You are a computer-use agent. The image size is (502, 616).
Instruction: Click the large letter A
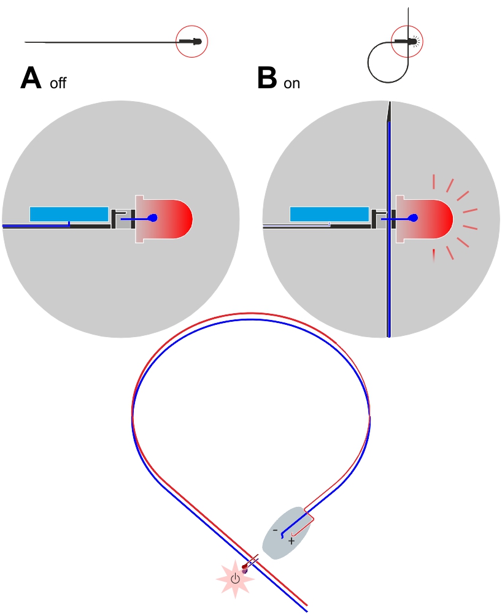[32, 78]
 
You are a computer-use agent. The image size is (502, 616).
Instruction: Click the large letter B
[268, 78]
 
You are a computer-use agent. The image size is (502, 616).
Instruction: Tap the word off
[58, 83]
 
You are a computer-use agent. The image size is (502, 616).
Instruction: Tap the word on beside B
[292, 83]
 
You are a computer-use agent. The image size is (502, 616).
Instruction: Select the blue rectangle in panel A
[69, 214]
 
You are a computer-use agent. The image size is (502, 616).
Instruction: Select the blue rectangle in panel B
[329, 214]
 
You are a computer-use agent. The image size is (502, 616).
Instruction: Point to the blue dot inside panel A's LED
[153, 218]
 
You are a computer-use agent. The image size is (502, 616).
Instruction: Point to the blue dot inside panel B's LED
[413, 218]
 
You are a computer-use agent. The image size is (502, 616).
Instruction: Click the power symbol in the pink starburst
[235, 578]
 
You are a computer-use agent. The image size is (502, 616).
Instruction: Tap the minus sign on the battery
[275, 530]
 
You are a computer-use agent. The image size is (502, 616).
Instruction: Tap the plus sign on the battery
[292, 541]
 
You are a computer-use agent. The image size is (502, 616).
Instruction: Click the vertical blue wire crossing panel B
[388, 276]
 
